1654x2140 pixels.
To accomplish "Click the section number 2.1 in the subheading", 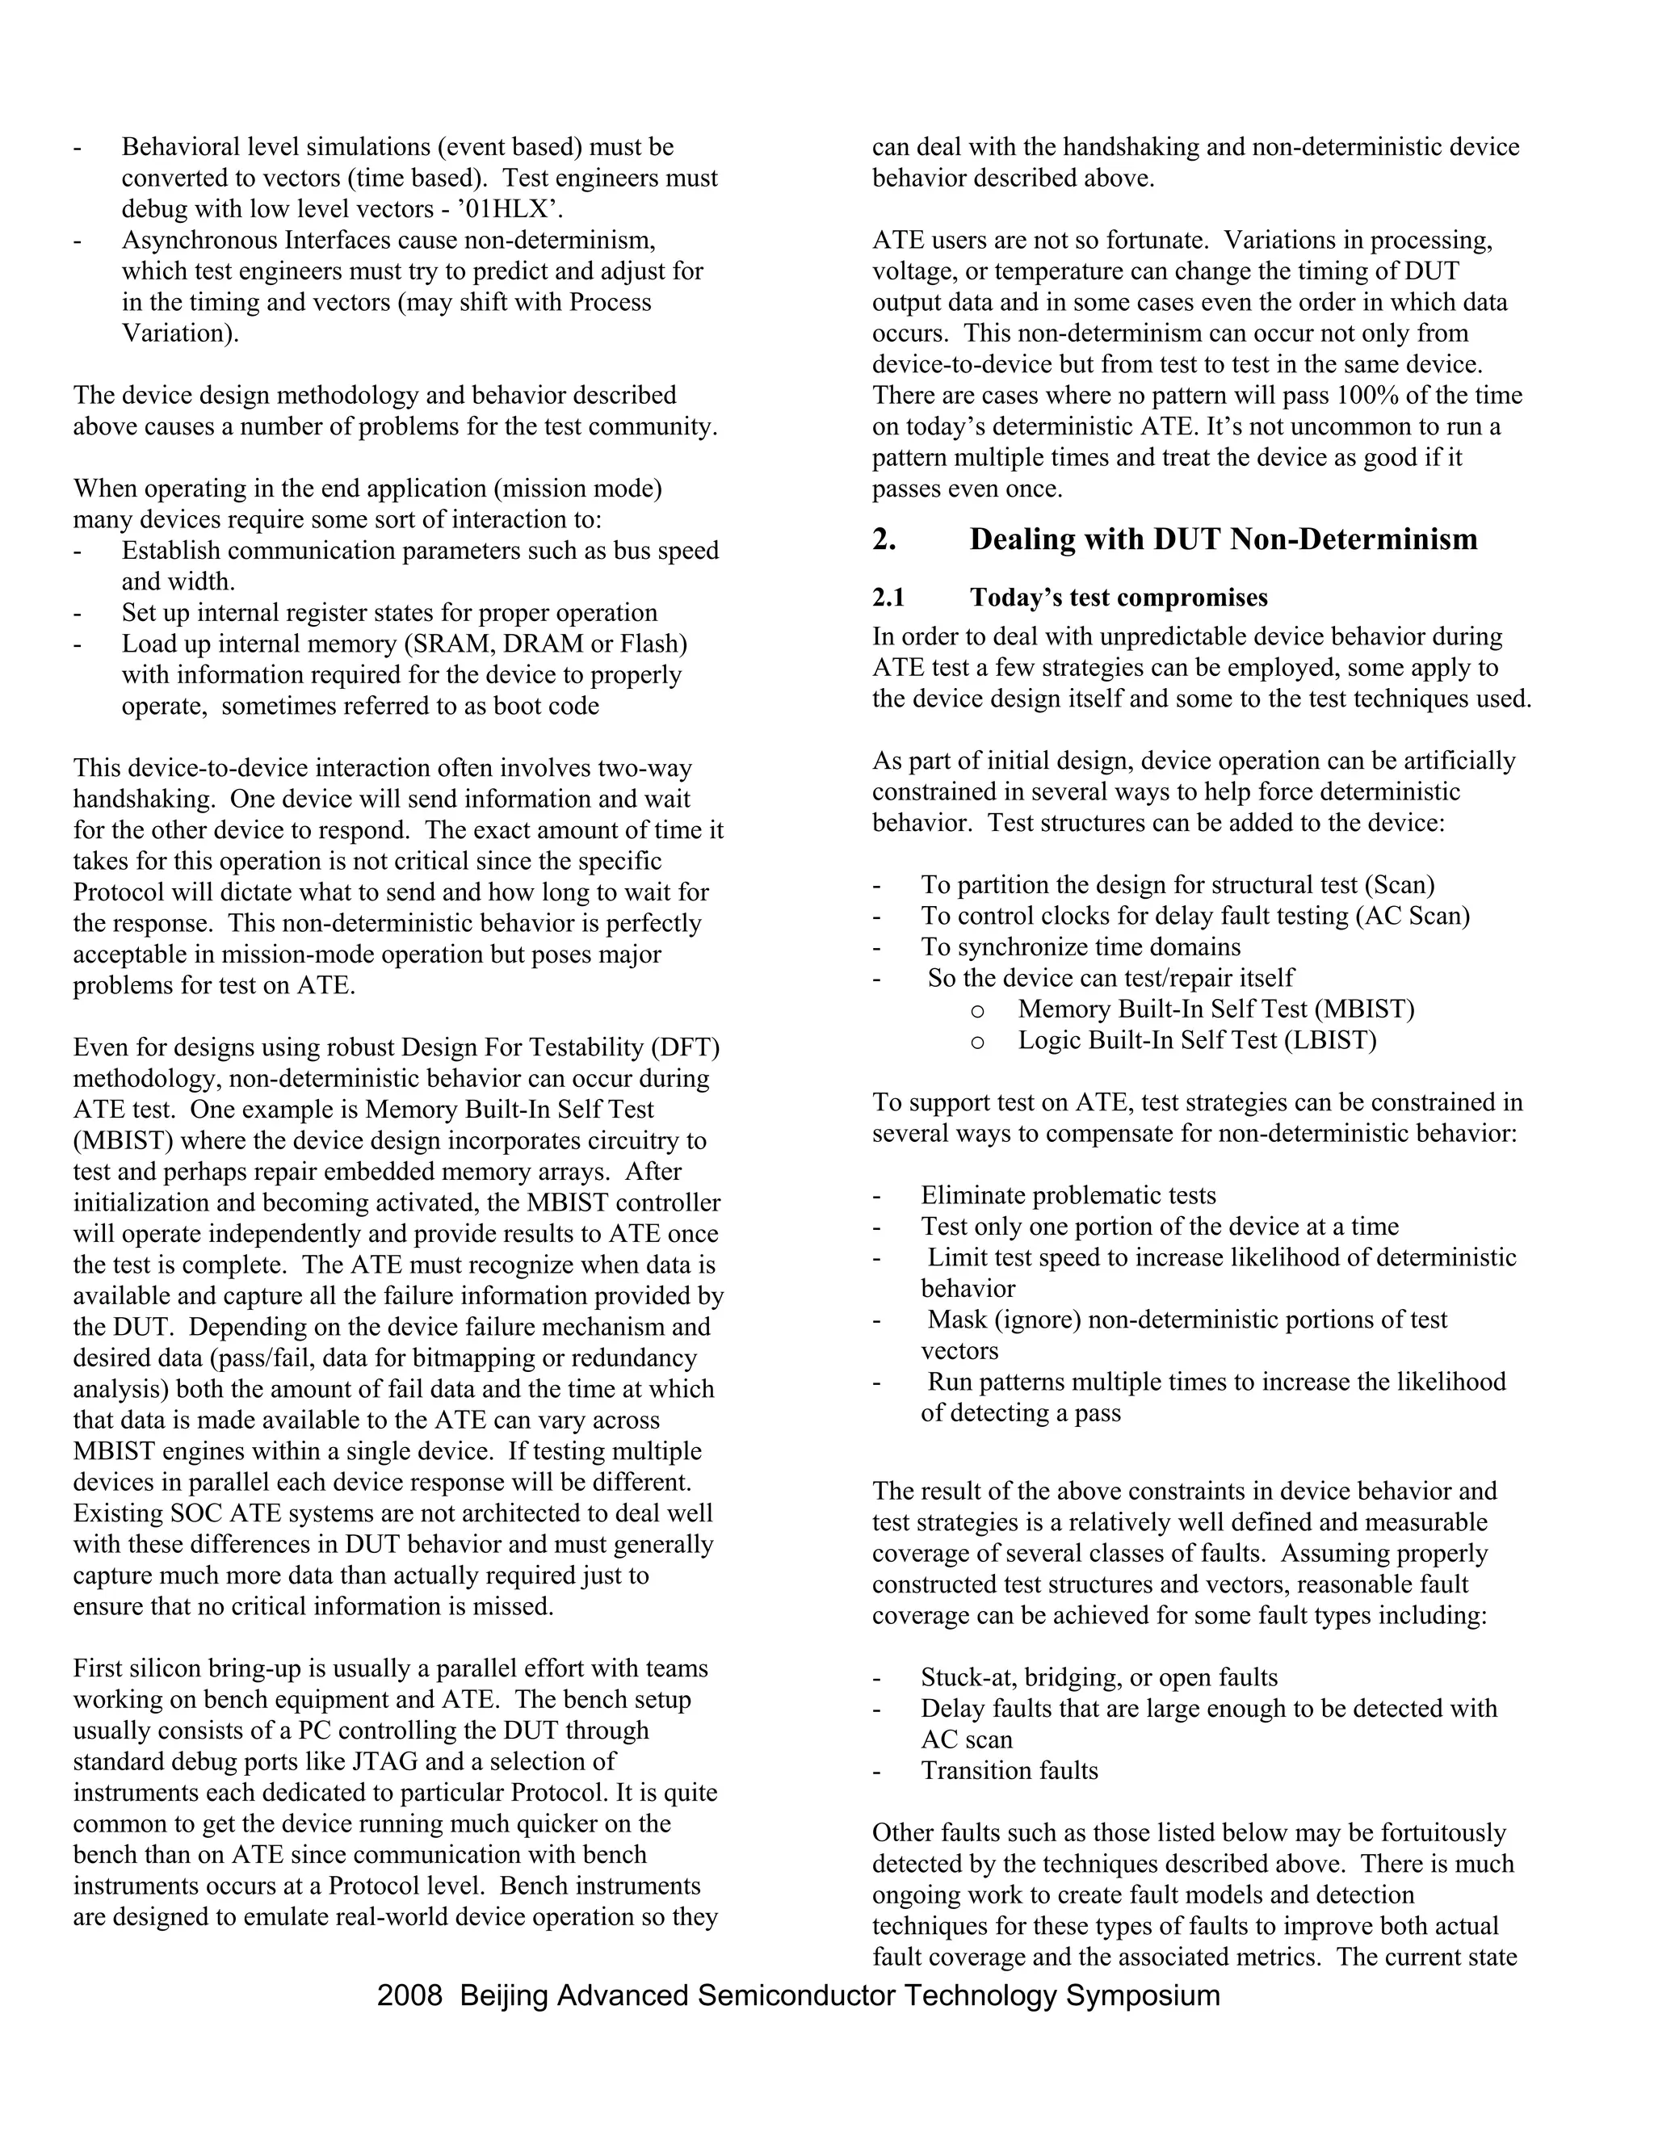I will (x=888, y=598).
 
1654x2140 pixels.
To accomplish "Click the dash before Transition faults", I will (x=878, y=1772).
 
